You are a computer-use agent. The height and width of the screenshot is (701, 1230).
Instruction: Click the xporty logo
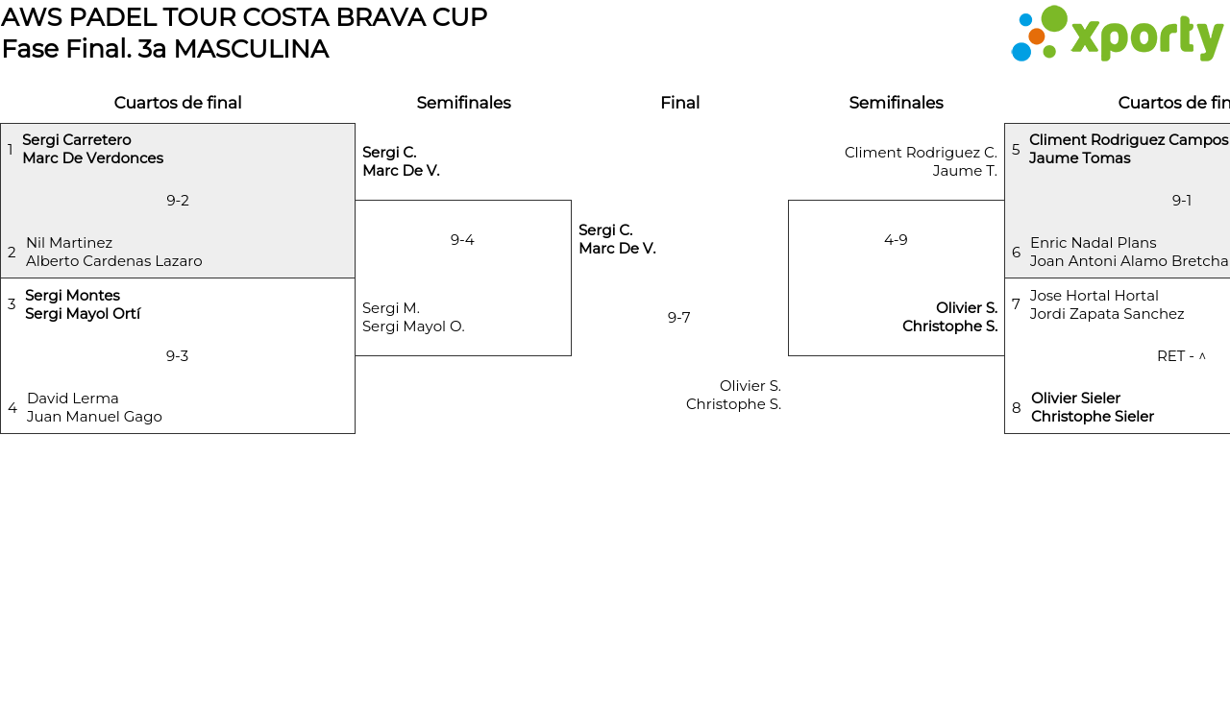[x=1117, y=34]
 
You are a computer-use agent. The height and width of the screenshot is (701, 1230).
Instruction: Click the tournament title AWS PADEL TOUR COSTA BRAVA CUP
[x=244, y=17]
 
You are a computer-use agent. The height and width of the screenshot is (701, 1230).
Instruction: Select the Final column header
[x=679, y=103]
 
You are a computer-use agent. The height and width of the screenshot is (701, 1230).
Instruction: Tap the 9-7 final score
[x=679, y=318]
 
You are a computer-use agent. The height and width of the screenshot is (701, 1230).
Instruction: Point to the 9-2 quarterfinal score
[x=178, y=201]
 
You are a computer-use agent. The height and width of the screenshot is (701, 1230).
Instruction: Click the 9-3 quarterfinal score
[x=178, y=356]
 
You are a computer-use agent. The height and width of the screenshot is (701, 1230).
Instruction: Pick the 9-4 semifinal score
[x=462, y=240]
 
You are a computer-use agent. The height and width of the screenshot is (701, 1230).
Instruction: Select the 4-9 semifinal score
[x=896, y=240]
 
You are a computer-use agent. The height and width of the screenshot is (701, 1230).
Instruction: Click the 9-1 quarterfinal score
[x=1182, y=201]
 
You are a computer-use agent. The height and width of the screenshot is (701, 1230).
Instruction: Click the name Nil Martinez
[x=69, y=243]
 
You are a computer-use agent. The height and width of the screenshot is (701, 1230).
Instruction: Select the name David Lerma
[x=73, y=399]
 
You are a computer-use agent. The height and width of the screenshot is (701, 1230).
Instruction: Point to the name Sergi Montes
[x=72, y=296]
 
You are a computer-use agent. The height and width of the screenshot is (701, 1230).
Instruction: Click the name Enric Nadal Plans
[x=1093, y=243]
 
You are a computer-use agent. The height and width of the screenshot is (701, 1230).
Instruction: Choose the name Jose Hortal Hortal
[x=1094, y=296]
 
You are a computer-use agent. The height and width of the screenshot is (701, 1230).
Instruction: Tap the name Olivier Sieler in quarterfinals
[x=1075, y=399]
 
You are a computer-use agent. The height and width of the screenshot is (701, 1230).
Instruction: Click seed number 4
[x=12, y=408]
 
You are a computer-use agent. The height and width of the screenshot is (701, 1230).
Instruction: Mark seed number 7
[x=1016, y=304]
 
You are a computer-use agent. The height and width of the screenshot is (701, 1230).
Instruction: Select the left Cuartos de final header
[x=178, y=103]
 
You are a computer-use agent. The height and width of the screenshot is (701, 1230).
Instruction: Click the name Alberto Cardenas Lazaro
[x=114, y=261]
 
